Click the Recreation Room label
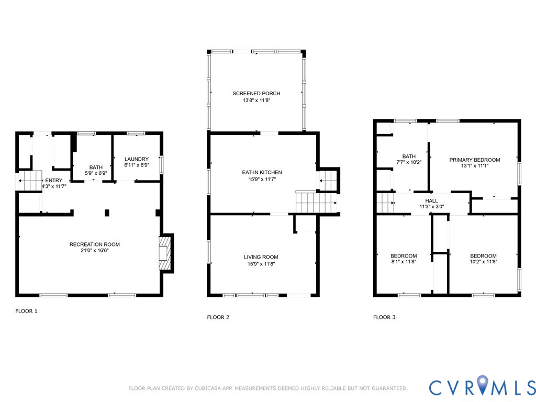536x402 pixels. point(95,244)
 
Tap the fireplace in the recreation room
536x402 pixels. point(165,254)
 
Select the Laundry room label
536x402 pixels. point(136,159)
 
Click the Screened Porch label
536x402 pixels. point(256,93)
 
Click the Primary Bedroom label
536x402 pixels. point(474,160)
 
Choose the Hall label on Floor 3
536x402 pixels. point(431,200)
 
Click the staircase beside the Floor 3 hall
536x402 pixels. point(385,203)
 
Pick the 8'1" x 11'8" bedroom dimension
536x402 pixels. point(404,262)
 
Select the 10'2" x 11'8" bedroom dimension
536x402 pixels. point(483,262)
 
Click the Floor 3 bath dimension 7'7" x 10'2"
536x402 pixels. point(409,162)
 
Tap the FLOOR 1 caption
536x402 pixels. point(26,311)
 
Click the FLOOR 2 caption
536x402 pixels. point(218,317)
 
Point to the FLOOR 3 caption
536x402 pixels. point(384,317)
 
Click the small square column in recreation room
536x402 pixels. point(107,213)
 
